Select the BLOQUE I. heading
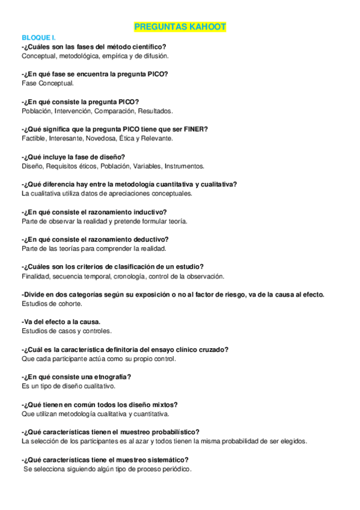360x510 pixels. pos(37,37)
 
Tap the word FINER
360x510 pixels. pos(193,129)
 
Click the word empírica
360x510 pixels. pos(114,56)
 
